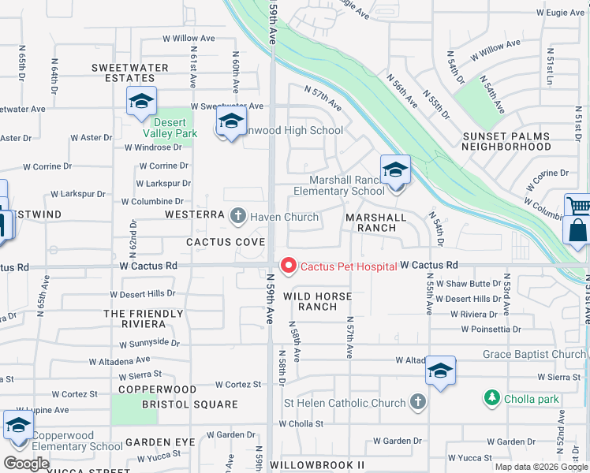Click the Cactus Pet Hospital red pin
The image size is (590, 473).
(x=289, y=266)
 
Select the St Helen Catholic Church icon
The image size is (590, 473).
(x=418, y=403)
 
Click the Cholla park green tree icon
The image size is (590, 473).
(x=492, y=398)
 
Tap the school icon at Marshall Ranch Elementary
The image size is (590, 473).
(x=394, y=171)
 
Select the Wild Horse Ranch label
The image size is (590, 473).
(x=310, y=301)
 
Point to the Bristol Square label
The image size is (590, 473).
(x=189, y=404)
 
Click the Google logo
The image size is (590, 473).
(x=26, y=463)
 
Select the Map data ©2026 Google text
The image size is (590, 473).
(x=541, y=467)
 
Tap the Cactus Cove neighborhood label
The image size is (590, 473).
(x=226, y=241)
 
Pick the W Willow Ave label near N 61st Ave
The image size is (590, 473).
(x=189, y=38)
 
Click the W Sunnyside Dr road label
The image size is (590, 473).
(x=150, y=344)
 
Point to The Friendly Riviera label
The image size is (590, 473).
(x=144, y=318)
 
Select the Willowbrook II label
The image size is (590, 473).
(x=317, y=466)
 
